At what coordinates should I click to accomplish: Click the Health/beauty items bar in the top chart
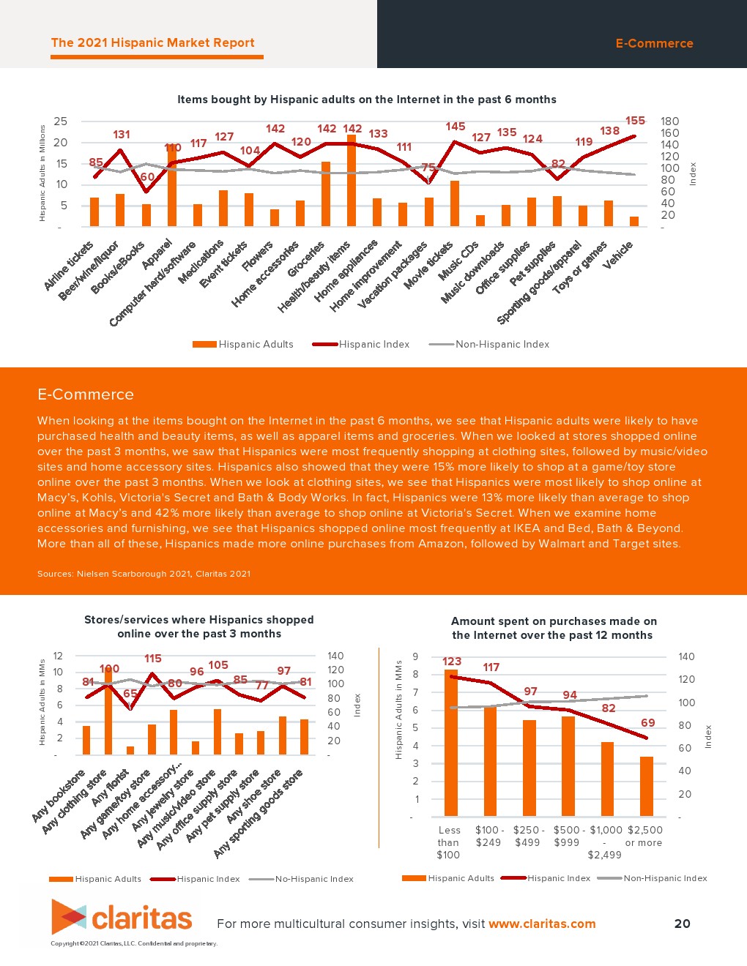pyautogui.click(x=352, y=181)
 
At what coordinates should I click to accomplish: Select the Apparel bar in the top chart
pyautogui.click(x=172, y=187)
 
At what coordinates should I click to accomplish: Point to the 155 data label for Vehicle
pyautogui.click(x=635, y=121)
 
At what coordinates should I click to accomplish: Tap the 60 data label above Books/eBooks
pyautogui.click(x=147, y=177)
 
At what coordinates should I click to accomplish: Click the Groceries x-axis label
pyautogui.click(x=307, y=260)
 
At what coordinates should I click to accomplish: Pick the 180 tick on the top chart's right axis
pyautogui.click(x=669, y=121)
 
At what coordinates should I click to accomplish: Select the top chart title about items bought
pyautogui.click(x=366, y=100)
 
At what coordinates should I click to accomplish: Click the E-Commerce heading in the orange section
pyautogui.click(x=86, y=394)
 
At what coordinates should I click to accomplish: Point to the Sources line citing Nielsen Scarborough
pyautogui.click(x=144, y=574)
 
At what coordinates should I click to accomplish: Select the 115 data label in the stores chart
pyautogui.click(x=152, y=659)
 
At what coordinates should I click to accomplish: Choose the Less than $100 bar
pyautogui.click(x=450, y=743)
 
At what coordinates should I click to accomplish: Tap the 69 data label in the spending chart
pyautogui.click(x=647, y=723)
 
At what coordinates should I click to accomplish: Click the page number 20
pyautogui.click(x=682, y=924)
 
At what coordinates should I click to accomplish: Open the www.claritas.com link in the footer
pyautogui.click(x=542, y=924)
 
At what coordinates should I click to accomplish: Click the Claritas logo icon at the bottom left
pyautogui.click(x=69, y=917)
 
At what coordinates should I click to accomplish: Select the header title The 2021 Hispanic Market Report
pyautogui.click(x=153, y=43)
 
